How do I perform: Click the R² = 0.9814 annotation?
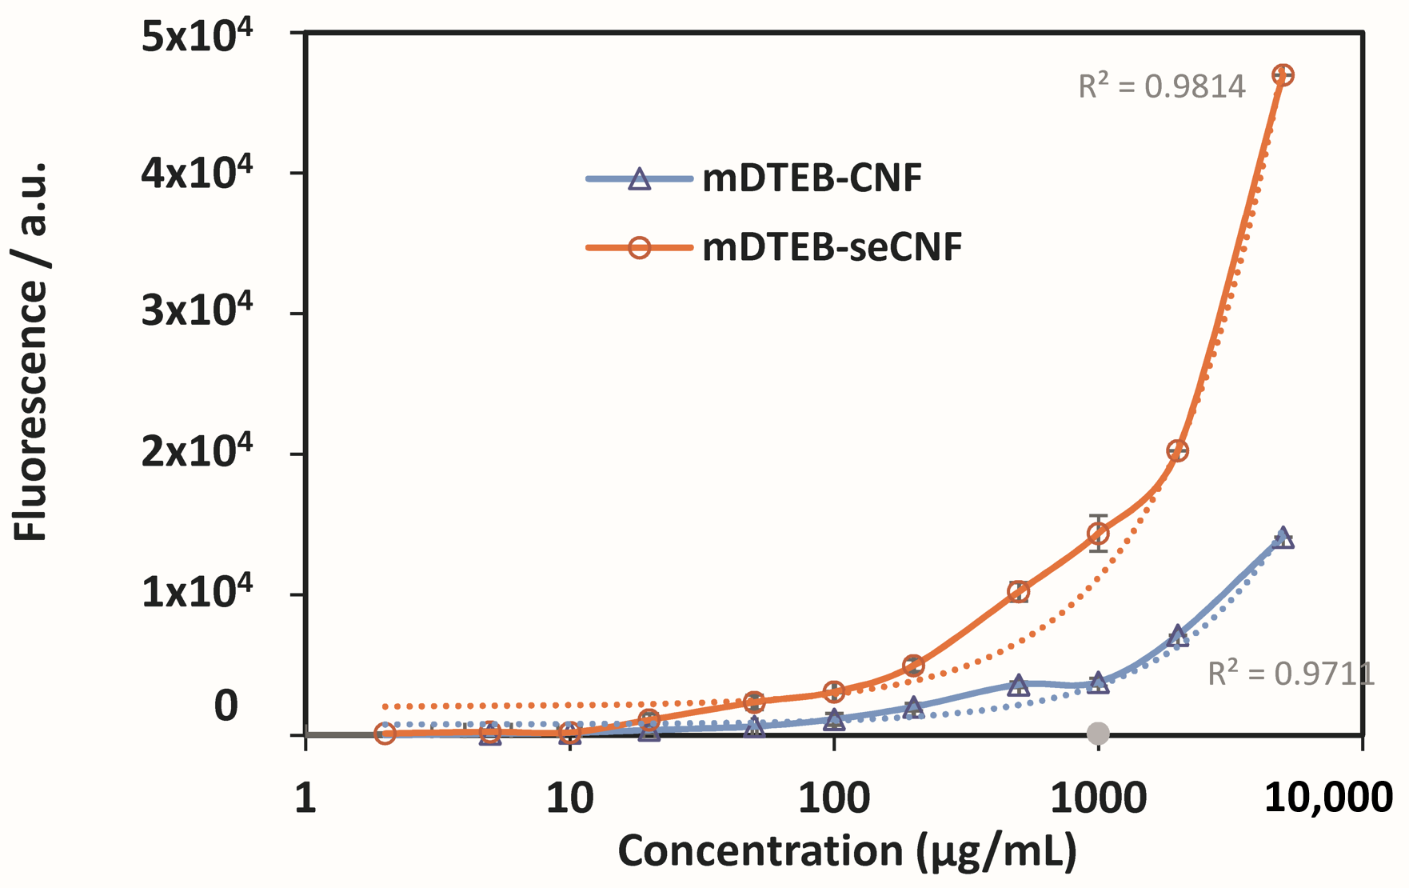(x=1161, y=86)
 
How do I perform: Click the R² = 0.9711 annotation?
(x=1290, y=674)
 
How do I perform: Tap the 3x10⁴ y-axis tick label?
(x=196, y=310)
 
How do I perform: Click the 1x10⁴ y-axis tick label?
(x=196, y=591)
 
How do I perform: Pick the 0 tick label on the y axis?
(x=226, y=706)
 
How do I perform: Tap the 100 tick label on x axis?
(x=833, y=798)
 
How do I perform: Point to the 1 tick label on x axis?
(x=305, y=798)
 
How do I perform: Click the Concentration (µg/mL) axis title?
(x=846, y=850)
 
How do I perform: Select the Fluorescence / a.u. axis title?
(x=32, y=352)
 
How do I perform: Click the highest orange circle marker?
(x=1283, y=75)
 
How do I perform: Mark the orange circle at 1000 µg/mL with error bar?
(x=1098, y=533)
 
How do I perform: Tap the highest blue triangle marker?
(x=1283, y=538)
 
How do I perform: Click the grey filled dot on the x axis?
(x=1098, y=733)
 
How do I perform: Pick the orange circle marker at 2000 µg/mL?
(x=1177, y=450)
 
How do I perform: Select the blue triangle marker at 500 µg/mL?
(x=1018, y=686)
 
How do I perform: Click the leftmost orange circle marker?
(x=385, y=733)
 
